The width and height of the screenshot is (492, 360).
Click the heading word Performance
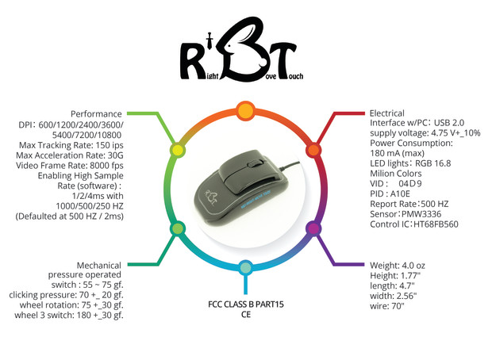(96, 113)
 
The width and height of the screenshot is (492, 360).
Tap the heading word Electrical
(387, 113)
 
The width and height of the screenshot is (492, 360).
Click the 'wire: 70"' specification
(387, 305)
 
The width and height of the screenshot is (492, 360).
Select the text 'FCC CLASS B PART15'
(245, 304)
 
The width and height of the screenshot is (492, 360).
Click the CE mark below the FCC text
(246, 315)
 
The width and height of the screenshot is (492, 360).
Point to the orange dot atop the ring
(246, 109)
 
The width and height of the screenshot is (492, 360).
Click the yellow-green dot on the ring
(178, 150)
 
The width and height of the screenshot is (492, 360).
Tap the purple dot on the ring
(313, 228)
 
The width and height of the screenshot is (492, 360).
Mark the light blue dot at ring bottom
(246, 268)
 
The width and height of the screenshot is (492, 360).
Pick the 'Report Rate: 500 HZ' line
(409, 204)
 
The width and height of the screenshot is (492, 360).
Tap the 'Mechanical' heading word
(99, 264)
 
